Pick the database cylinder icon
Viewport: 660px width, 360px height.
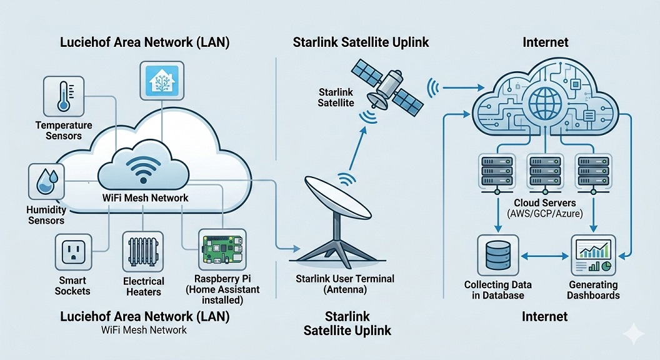(x=497, y=255)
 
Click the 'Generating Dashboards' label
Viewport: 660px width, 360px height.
(x=594, y=290)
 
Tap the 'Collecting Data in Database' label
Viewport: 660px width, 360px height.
(x=498, y=290)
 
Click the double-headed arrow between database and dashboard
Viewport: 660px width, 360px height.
(x=546, y=255)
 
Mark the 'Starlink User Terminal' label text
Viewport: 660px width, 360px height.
(x=345, y=279)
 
